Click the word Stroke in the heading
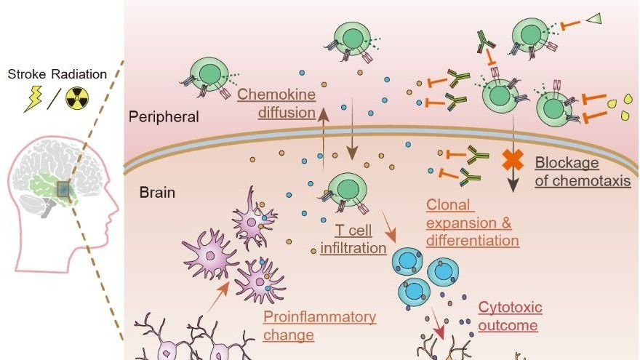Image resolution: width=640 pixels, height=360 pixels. coord(28,73)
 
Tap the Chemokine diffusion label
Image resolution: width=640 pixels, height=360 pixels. coord(276,103)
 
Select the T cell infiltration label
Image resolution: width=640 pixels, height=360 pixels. coord(353,240)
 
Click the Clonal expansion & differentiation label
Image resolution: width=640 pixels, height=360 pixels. coord(473,223)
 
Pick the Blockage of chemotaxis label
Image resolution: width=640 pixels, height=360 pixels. coord(582,172)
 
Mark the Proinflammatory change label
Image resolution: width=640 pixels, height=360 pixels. coord(319,326)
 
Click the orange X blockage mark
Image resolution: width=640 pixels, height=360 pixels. coord(514,161)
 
